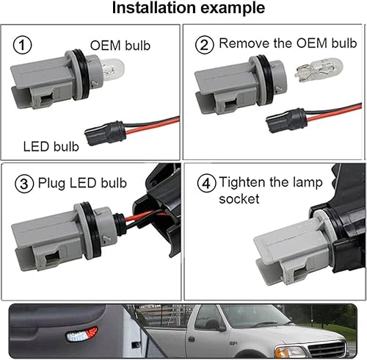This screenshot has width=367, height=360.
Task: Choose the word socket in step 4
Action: (x=239, y=199)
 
